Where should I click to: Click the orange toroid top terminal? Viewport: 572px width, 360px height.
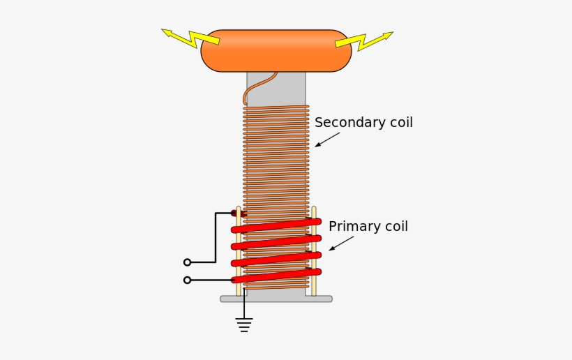click(276, 50)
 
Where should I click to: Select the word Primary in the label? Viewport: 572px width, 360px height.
click(353, 227)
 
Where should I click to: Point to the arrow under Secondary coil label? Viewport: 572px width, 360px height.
click(326, 140)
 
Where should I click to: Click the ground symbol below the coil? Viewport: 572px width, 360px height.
click(243, 323)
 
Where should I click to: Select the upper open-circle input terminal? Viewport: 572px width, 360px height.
click(187, 262)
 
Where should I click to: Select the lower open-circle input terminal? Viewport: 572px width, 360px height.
click(187, 280)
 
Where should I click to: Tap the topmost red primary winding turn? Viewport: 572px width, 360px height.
click(276, 225)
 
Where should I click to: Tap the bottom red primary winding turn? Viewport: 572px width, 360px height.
click(276, 276)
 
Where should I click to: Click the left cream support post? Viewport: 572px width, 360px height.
click(239, 251)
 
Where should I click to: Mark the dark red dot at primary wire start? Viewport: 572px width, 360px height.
click(235, 213)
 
